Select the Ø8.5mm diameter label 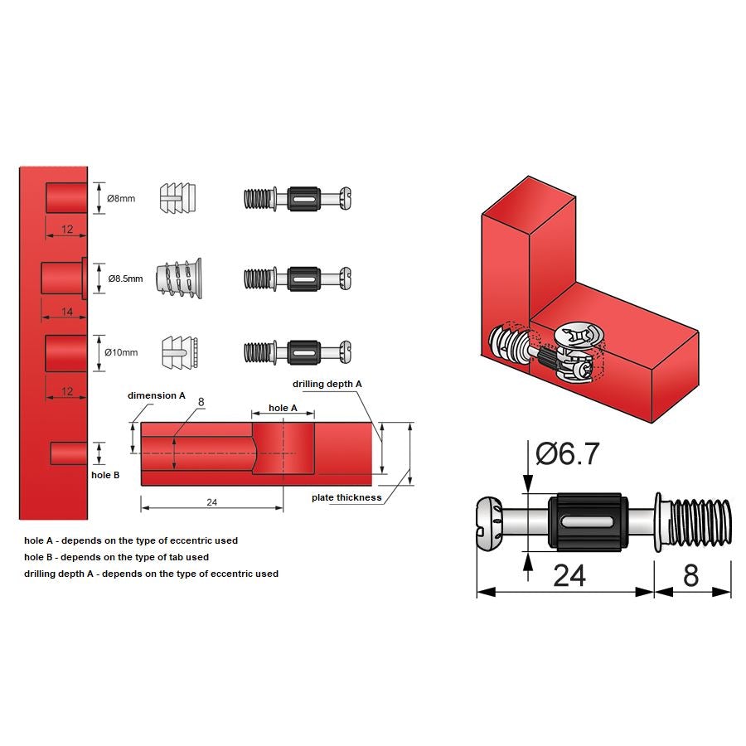tap(124, 279)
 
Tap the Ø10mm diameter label tap(121, 352)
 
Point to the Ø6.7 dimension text tap(568, 453)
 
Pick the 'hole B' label tap(105, 475)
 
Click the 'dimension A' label tap(156, 395)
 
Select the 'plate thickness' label tap(346, 497)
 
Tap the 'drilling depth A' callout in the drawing tap(327, 384)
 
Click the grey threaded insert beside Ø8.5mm tap(178, 278)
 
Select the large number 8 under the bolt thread tap(691, 576)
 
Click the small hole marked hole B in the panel tap(69, 453)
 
